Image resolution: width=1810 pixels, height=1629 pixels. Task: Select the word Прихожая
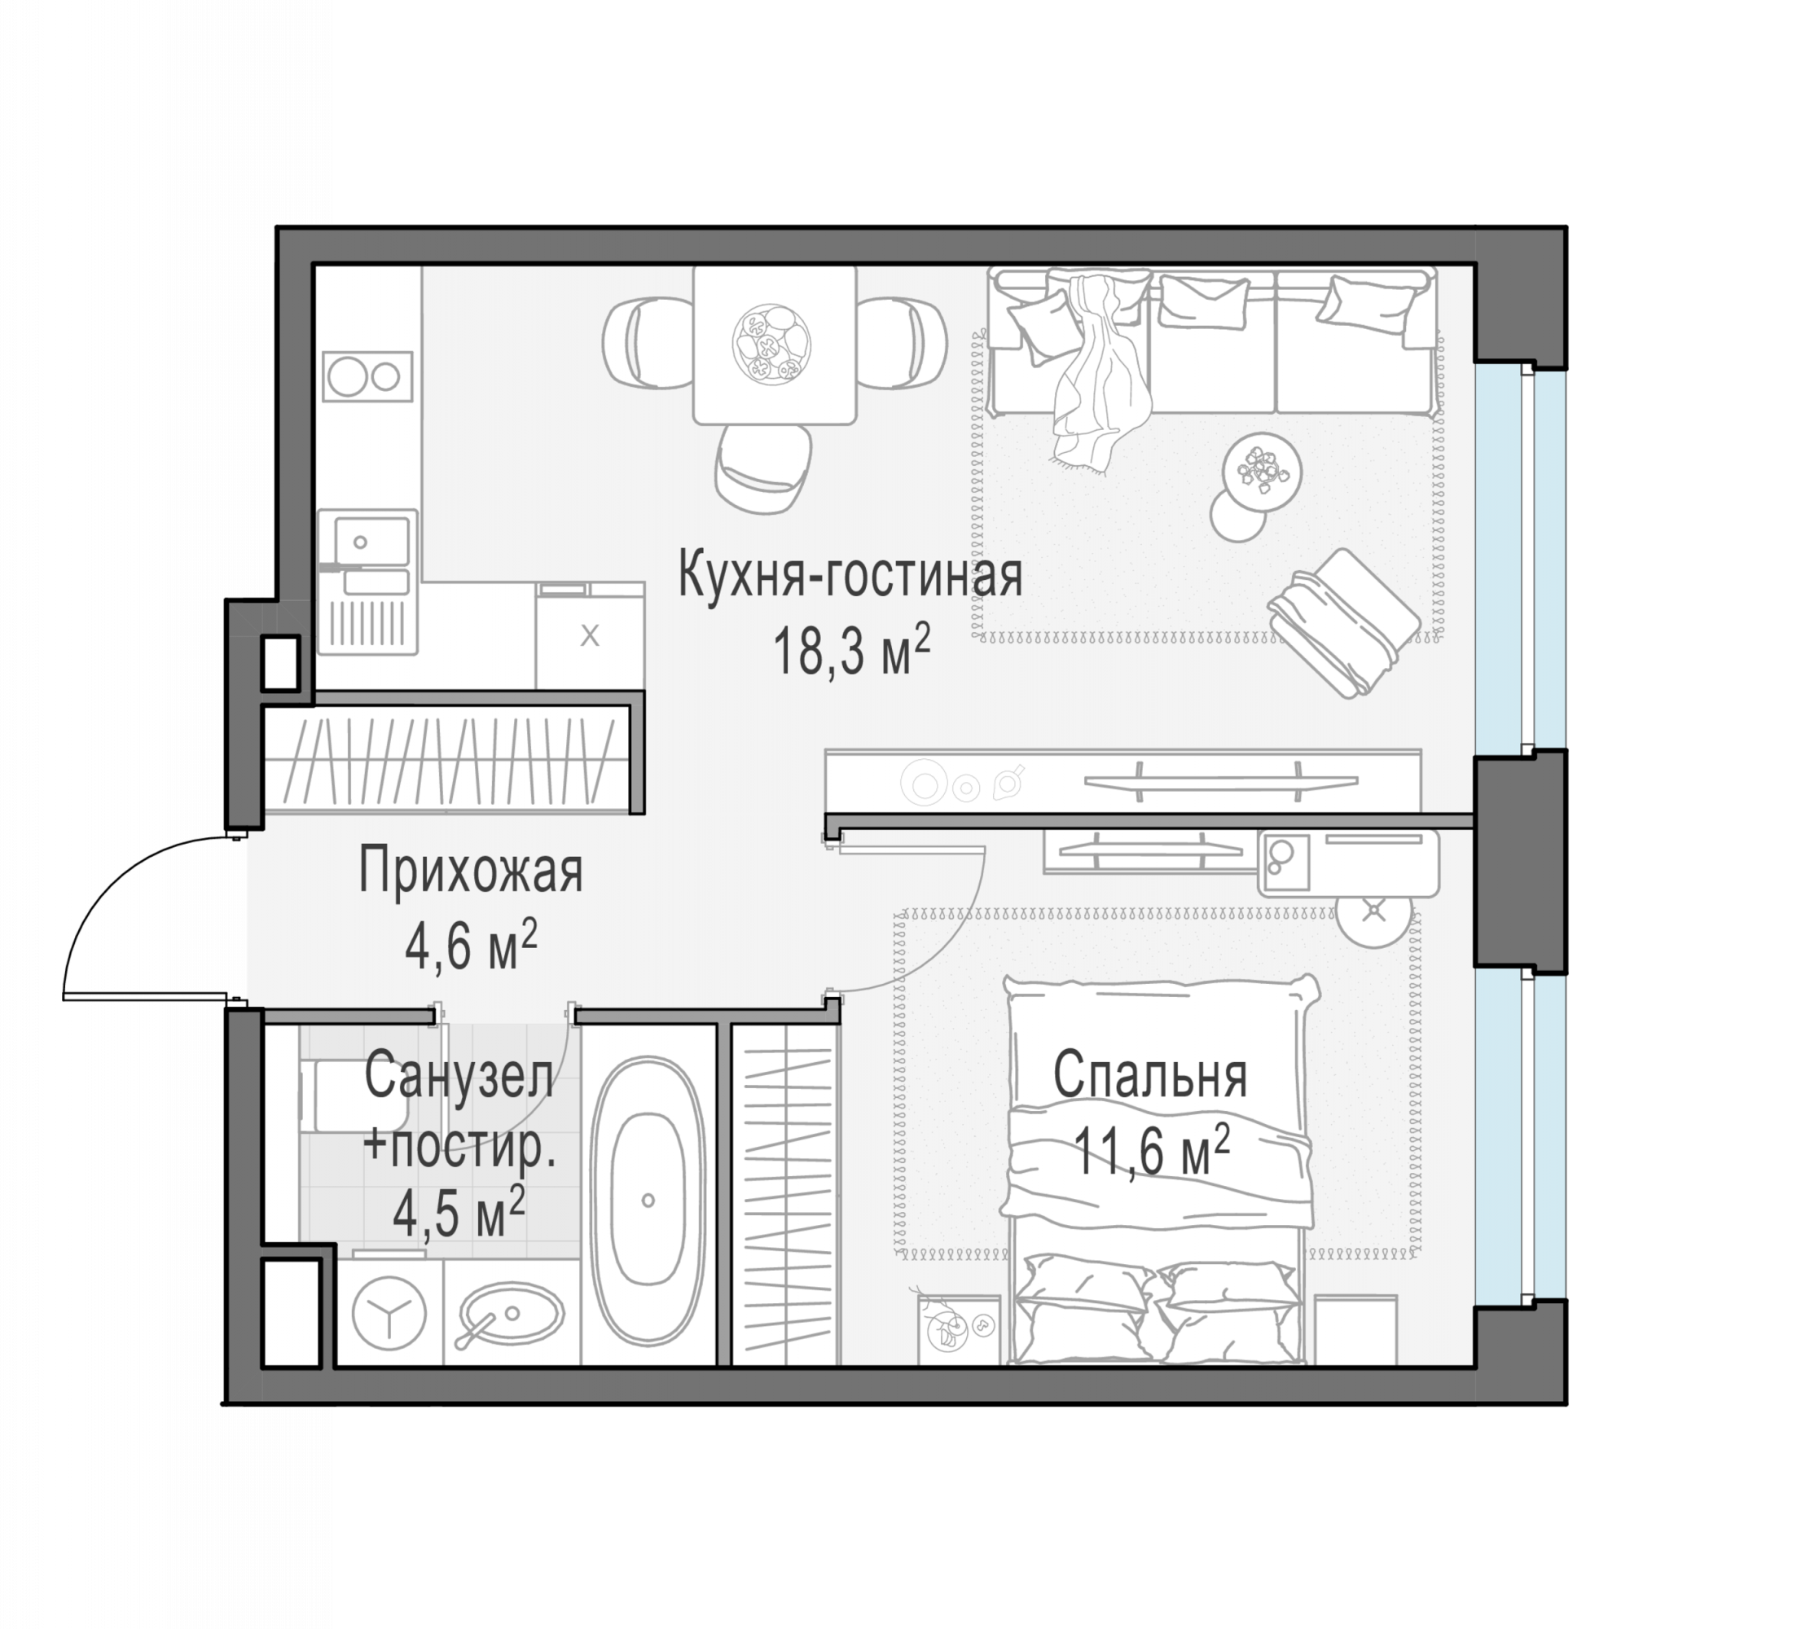[471, 871]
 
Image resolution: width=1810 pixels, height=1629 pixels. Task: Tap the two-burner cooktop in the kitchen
[367, 377]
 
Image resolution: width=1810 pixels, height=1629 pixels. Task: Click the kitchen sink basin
[371, 542]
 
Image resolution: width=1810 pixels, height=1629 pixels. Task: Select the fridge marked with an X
[590, 635]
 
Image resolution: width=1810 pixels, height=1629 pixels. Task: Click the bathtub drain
[648, 1201]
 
